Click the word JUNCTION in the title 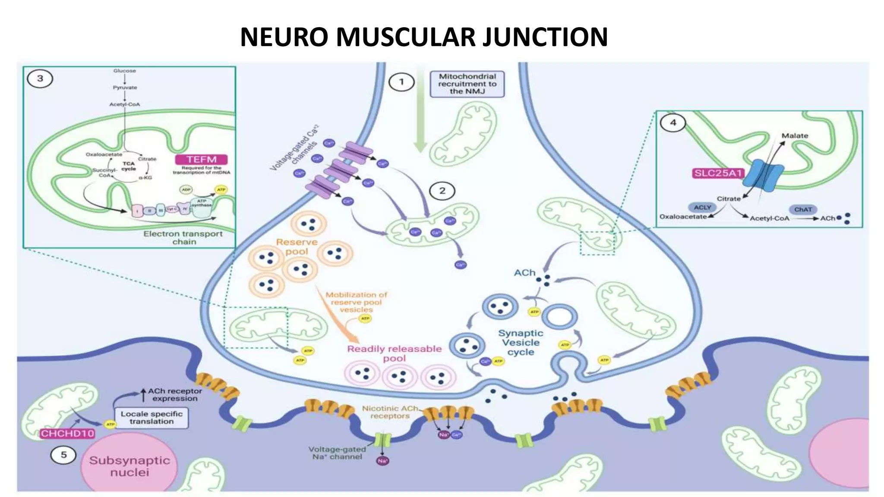pos(545,37)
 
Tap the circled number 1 pos(401,82)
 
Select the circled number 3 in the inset pos(40,79)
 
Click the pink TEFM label pos(202,159)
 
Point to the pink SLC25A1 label pos(718,173)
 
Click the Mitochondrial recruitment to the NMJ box pos(467,84)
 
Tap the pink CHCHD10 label pos(67,433)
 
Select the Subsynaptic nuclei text pos(129,466)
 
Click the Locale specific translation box pos(152,418)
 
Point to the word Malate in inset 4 pos(795,135)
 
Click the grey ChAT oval pos(803,209)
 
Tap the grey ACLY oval pos(702,208)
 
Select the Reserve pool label pos(297,247)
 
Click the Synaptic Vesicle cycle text pos(521,343)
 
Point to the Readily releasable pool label pos(394,353)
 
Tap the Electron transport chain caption pos(183,238)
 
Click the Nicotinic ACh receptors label pos(390,412)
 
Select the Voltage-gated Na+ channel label pos(337,453)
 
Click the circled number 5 pos(63,455)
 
